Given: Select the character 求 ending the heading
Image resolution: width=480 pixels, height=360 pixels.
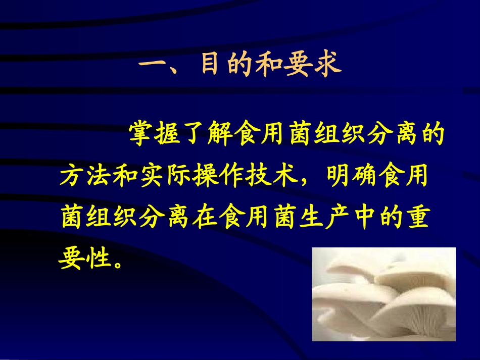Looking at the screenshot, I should [x=327, y=66].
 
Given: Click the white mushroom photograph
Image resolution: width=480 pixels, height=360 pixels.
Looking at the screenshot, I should [x=383, y=294].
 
